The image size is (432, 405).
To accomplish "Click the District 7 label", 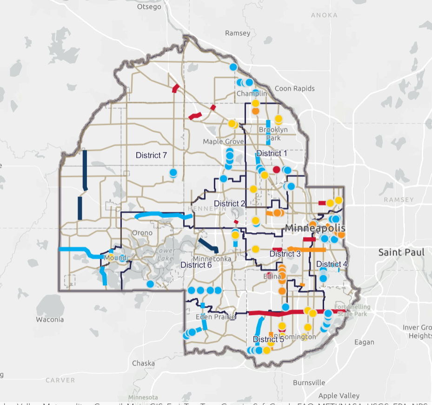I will (x=151, y=155).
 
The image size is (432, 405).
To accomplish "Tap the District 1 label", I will (x=272, y=153).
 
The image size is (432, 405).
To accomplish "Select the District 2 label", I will (x=229, y=203).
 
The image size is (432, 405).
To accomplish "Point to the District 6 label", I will (x=196, y=265).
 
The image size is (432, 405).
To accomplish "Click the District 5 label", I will (x=268, y=339).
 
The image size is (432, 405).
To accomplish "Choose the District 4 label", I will (x=332, y=264).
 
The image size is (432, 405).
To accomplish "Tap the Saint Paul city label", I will (x=401, y=252).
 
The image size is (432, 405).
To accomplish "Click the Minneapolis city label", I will (x=315, y=229).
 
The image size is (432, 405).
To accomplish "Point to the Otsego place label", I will (x=149, y=7).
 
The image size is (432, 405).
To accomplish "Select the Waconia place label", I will (x=50, y=320).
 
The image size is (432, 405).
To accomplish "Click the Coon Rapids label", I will (x=295, y=88).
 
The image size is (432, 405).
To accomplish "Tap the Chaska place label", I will (x=143, y=363).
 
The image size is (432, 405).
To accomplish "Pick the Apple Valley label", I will (x=339, y=396).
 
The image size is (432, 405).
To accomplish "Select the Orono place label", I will (x=142, y=233).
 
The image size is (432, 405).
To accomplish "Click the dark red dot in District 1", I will (x=277, y=169).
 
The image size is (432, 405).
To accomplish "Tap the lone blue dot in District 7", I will (x=173, y=173).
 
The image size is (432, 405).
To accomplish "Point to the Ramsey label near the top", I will (x=238, y=34).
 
